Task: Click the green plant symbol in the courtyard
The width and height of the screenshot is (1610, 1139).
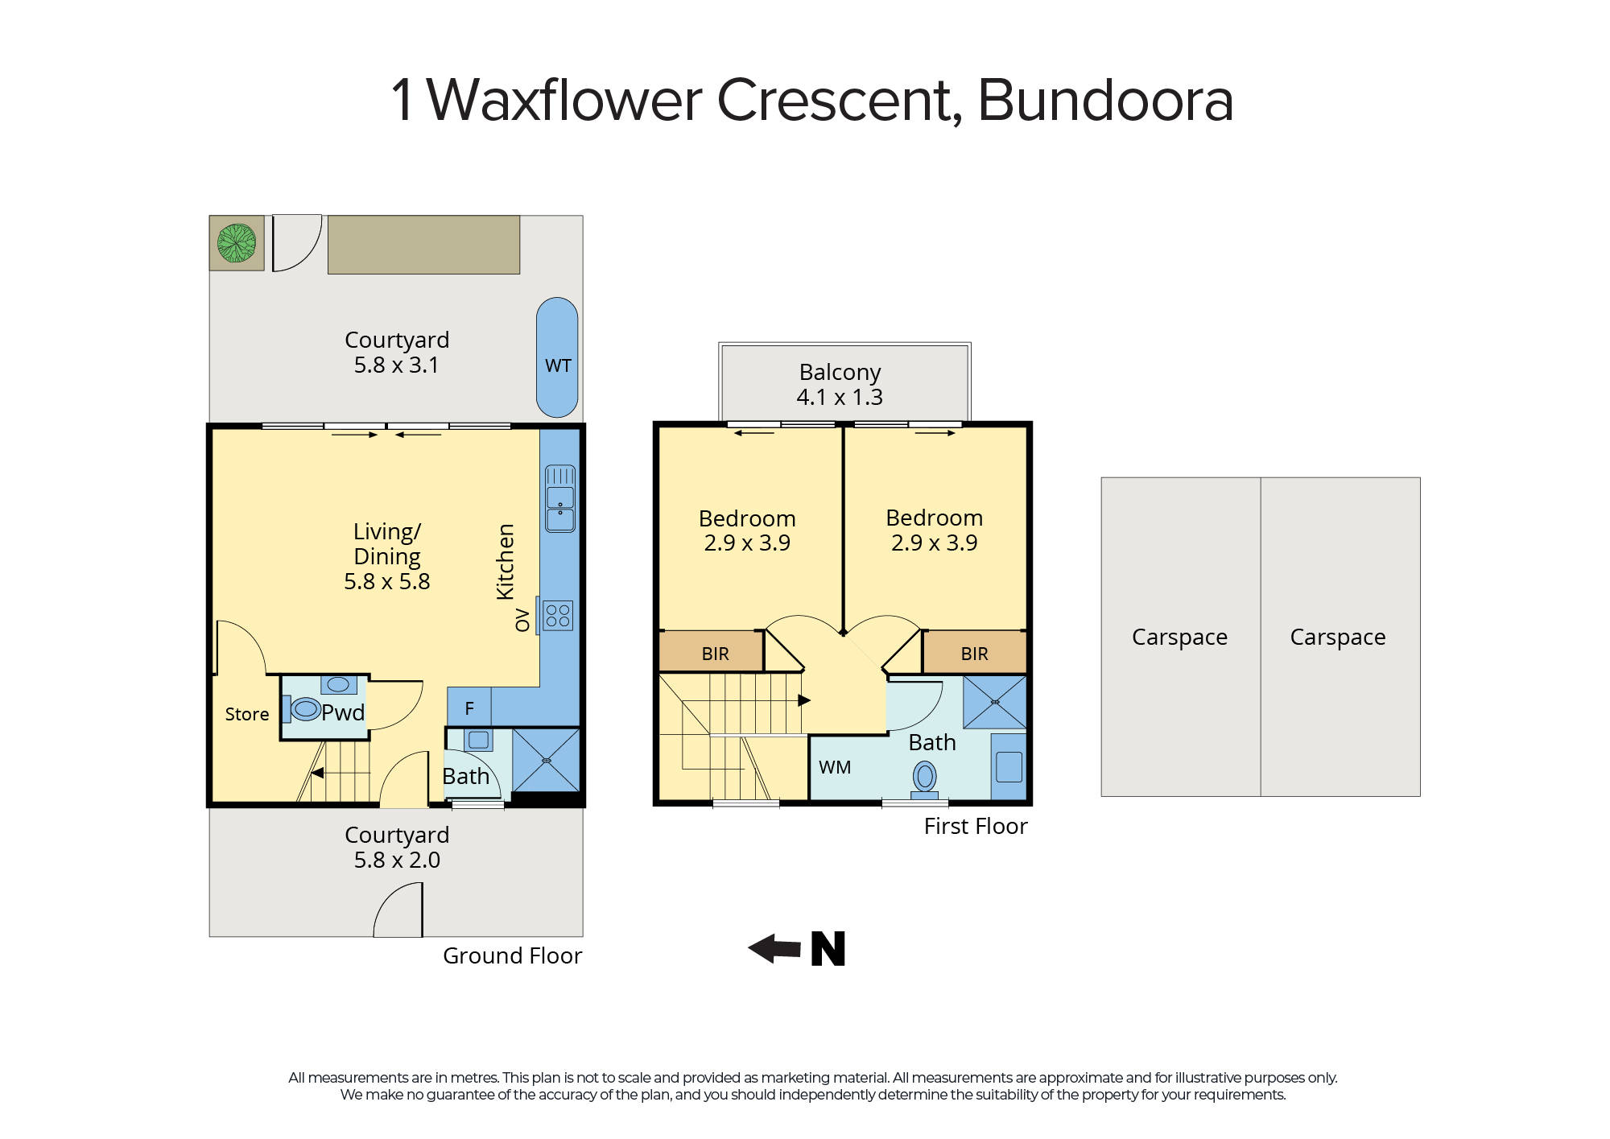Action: [x=237, y=243]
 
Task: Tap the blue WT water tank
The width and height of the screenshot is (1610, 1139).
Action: [x=557, y=357]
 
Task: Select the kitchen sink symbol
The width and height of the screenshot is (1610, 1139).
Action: [x=560, y=498]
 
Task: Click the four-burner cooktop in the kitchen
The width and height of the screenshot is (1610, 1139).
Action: [x=558, y=616]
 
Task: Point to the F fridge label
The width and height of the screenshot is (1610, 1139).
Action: [x=469, y=708]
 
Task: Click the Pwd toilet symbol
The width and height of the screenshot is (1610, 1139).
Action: [x=305, y=709]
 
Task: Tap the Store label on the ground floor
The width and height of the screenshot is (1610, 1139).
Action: [x=247, y=714]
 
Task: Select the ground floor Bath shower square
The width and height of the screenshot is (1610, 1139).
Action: [x=547, y=760]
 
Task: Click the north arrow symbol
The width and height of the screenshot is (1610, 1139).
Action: [x=796, y=948]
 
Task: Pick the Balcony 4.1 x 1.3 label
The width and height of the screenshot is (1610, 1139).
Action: [x=840, y=384]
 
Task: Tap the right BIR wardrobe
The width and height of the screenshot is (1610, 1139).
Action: [x=975, y=653]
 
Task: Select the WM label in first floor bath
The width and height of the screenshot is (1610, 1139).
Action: [x=835, y=767]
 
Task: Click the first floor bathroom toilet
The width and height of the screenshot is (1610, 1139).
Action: [x=925, y=778]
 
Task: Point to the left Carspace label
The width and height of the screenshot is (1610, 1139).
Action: [x=1179, y=637]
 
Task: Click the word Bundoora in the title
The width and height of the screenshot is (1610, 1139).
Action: [x=1105, y=101]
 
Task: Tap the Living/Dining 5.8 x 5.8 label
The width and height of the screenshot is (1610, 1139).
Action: [x=387, y=556]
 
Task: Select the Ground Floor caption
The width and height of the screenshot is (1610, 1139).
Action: [x=512, y=955]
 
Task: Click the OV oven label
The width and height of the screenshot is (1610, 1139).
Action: [x=522, y=620]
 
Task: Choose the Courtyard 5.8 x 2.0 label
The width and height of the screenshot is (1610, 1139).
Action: [x=397, y=847]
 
